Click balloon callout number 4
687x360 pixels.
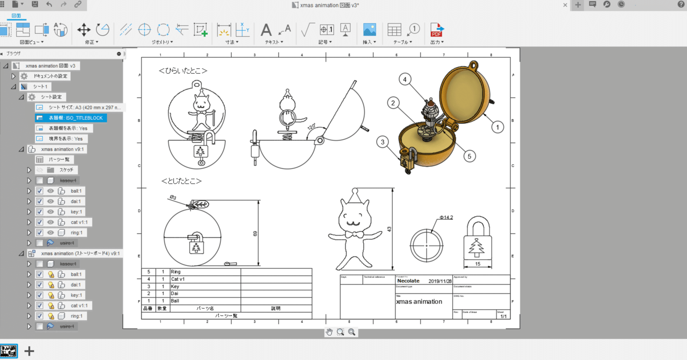pos(404,79)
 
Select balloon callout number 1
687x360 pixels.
pos(497,127)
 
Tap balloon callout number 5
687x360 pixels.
pos(469,156)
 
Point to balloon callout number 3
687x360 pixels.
pos(382,142)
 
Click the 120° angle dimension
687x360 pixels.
pos(311,127)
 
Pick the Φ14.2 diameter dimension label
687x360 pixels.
pos(446,218)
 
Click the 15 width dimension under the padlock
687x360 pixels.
pos(477,264)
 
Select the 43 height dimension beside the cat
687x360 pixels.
pos(389,229)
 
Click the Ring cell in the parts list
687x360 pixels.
pos(176,272)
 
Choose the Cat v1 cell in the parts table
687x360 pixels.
pos(178,279)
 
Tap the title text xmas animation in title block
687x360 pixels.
pos(419,302)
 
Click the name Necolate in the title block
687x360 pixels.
pos(408,281)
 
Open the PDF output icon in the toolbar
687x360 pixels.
pos(437,30)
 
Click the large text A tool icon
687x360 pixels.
pos(266,30)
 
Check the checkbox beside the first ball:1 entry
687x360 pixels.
pos(39,191)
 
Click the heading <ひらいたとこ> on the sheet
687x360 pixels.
pos(183,71)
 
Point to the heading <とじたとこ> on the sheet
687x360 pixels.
pos(181,181)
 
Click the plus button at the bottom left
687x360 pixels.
pos(29,351)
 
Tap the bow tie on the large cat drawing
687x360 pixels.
pos(355,234)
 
